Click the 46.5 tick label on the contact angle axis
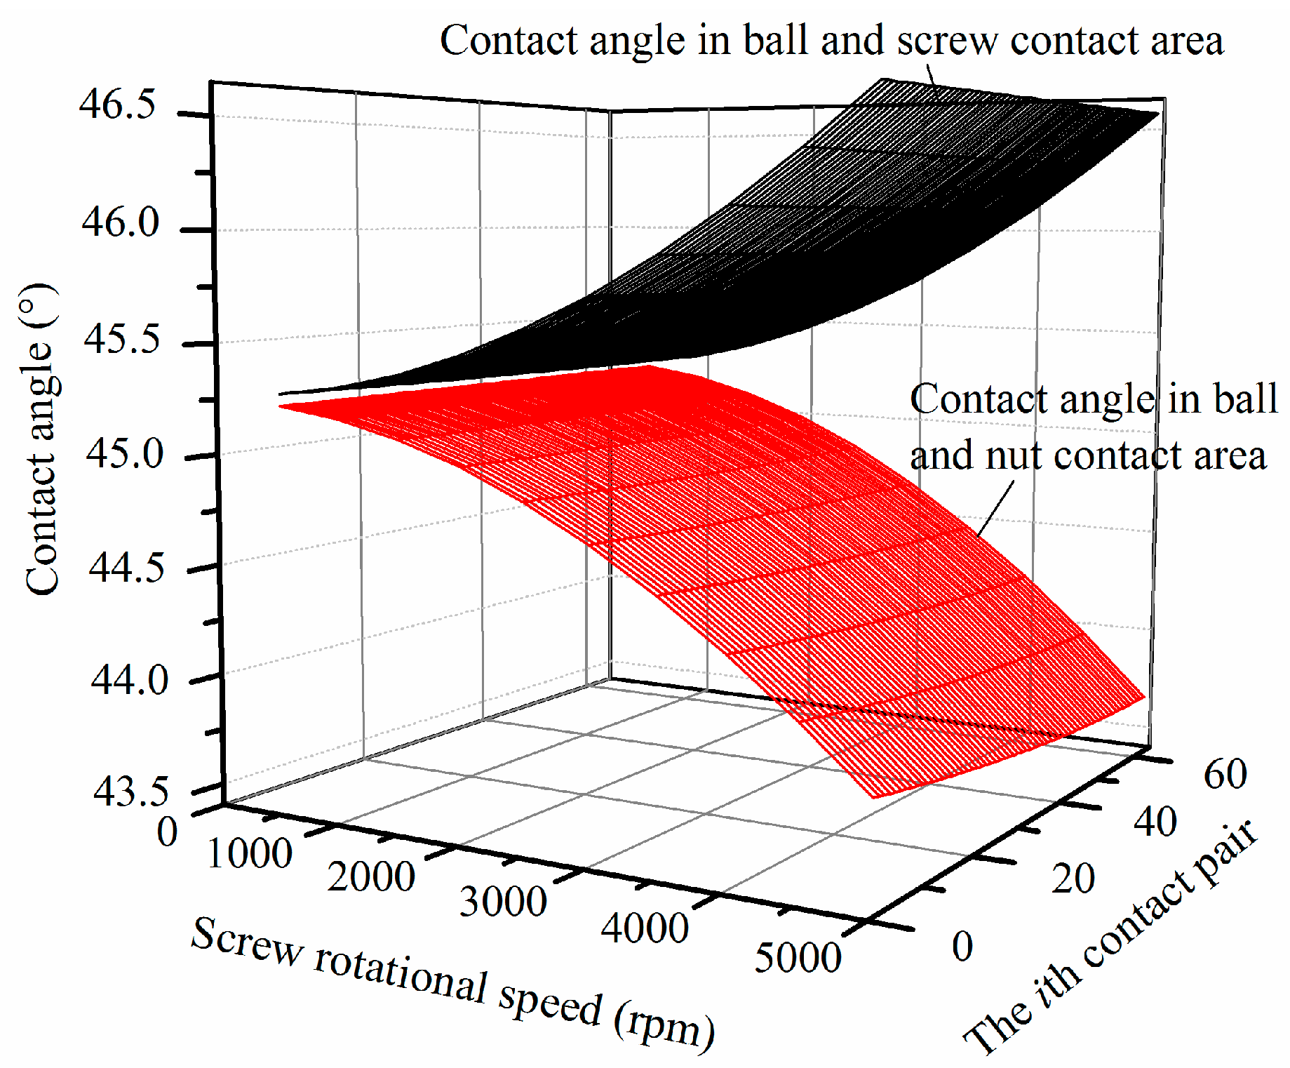click(x=117, y=107)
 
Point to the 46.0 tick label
click(x=120, y=223)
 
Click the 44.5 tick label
click(x=126, y=567)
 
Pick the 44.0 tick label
click(x=129, y=680)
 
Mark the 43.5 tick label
click(x=131, y=792)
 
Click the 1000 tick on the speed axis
click(x=250, y=854)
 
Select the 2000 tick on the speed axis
click(x=371, y=877)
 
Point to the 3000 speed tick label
click(x=503, y=902)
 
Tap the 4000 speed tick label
click(x=645, y=928)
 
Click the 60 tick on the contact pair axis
click(x=1225, y=775)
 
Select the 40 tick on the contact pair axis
click(x=1155, y=822)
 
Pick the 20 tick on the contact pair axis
click(x=1073, y=879)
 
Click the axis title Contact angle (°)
click(x=41, y=439)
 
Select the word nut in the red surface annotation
click(x=1016, y=456)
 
